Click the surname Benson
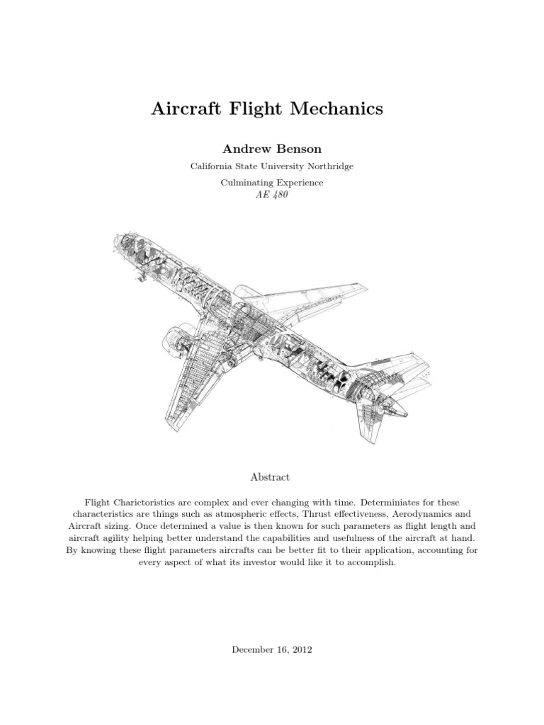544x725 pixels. coord(299,149)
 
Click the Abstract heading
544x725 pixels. coord(271,477)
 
